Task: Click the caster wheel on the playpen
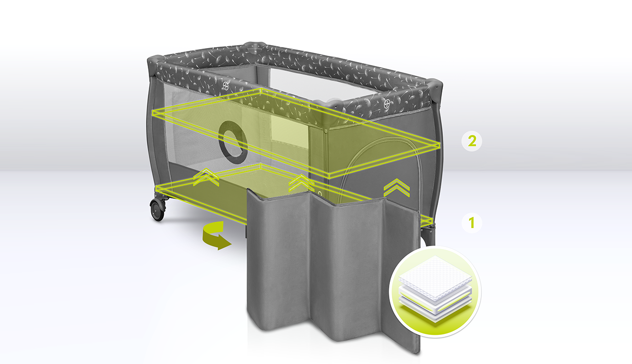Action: pos(158,210)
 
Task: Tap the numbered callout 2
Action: pos(472,141)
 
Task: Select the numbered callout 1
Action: pos(472,223)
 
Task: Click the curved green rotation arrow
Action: pos(216,235)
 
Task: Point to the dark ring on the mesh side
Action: pos(233,143)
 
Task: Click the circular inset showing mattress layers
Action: pos(435,292)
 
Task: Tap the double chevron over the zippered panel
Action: pos(396,188)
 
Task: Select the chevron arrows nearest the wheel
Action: pos(206,177)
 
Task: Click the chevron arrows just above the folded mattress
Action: pos(301,183)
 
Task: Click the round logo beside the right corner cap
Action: pos(387,102)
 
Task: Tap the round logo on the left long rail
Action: pos(226,85)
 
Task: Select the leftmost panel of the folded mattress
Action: pos(278,259)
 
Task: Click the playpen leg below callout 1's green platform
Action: pos(429,235)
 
